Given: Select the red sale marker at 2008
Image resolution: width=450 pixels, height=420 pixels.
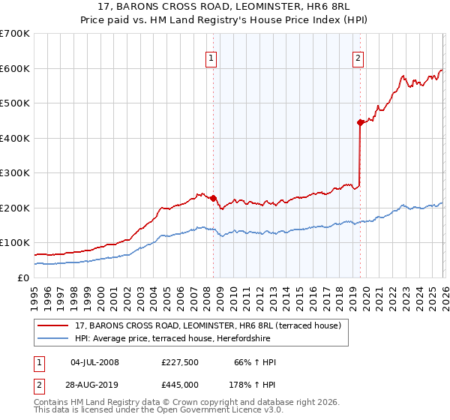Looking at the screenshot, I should [213, 198].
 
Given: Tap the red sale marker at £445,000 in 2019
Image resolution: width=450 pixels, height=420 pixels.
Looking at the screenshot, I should [361, 122].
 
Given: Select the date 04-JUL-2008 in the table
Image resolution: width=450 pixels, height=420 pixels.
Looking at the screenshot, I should [94, 363].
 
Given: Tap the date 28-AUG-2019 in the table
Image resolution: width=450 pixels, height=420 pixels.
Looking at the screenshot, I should [94, 385].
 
